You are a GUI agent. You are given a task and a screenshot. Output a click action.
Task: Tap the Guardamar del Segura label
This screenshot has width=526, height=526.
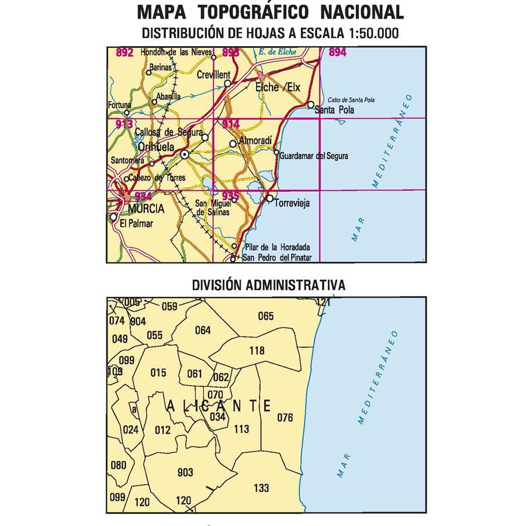[x=314, y=156]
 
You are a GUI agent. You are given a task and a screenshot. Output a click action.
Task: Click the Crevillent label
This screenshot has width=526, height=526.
[x=214, y=75]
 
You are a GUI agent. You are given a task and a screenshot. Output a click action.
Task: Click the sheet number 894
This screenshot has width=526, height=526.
[x=338, y=53]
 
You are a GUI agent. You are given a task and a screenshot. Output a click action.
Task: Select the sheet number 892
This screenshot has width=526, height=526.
[x=125, y=53]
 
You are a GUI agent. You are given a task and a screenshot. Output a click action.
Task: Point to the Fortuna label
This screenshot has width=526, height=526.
[x=120, y=105]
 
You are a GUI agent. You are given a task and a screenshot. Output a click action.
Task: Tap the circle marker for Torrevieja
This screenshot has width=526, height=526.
[x=269, y=199]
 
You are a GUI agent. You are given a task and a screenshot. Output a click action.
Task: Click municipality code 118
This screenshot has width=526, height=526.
[x=257, y=351]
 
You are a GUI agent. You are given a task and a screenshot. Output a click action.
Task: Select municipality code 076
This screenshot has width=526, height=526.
[x=285, y=417]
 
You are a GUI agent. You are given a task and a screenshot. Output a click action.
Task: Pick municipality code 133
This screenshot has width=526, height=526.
[x=262, y=488]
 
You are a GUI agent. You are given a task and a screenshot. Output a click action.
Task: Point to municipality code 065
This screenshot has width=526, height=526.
[x=265, y=316]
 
